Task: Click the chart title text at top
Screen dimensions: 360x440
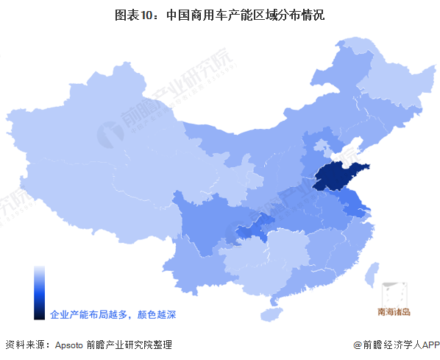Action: click(220, 15)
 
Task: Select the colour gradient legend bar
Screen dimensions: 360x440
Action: click(39, 292)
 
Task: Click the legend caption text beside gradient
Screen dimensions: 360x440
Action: click(113, 314)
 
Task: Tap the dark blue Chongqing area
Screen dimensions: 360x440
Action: click(254, 227)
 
